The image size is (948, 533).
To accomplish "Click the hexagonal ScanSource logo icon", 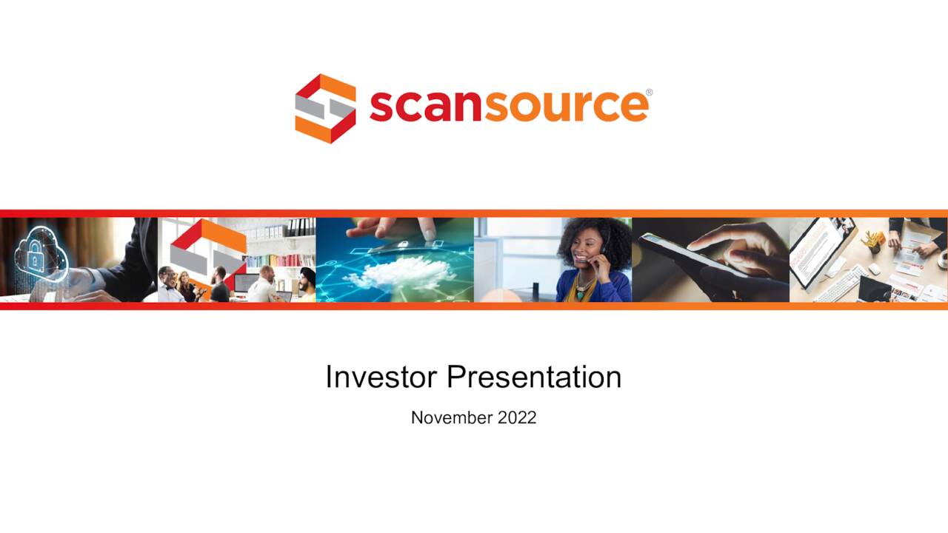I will (325, 108).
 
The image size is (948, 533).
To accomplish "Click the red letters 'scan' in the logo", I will (421, 106).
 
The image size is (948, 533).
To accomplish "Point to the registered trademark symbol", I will (649, 93).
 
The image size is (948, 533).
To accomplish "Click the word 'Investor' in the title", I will (380, 377).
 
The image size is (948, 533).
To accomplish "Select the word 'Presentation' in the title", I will (534, 377).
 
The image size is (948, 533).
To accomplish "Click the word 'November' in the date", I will (450, 418).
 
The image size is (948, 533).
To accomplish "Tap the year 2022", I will (517, 418).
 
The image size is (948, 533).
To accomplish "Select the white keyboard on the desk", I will (840, 284).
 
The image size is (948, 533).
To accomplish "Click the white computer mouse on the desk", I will (874, 269).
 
